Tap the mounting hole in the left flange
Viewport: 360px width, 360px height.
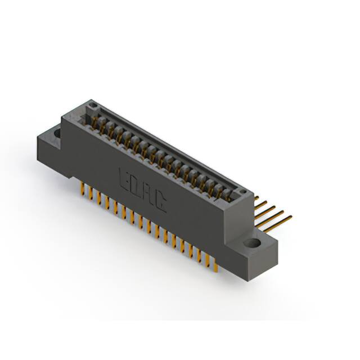[57, 133]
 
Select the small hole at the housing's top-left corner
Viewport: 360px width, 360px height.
[94, 107]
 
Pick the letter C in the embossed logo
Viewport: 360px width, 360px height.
[160, 202]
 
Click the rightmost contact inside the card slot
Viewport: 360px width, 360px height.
[228, 194]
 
